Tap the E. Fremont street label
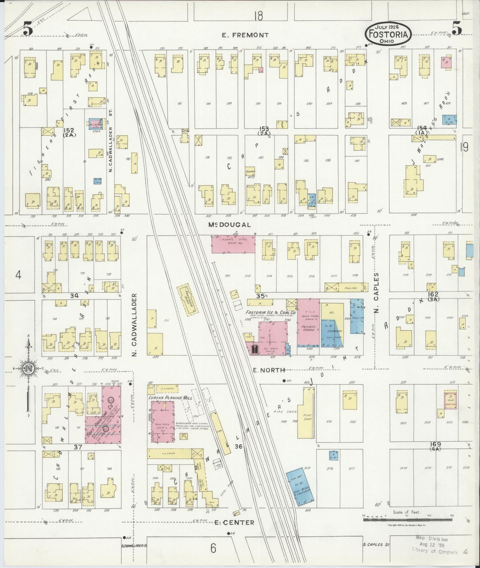point(246,35)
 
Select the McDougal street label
point(229,225)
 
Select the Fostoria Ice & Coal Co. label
point(271,313)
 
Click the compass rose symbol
point(28,368)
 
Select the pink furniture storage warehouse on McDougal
point(233,244)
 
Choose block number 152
point(69,130)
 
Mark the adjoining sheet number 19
point(464,146)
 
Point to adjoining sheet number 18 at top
point(258,15)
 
